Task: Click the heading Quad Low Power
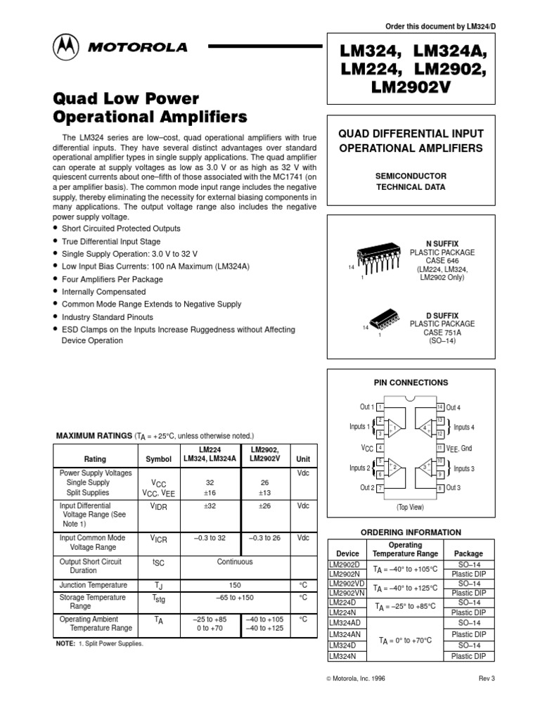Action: (127, 98)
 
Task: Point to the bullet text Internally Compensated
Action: (103, 292)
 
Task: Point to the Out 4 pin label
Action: (453, 407)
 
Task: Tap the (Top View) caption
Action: (411, 506)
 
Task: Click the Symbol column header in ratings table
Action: (157, 459)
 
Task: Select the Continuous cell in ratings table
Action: (234, 562)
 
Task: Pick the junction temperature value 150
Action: (234, 585)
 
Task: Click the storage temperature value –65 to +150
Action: (234, 598)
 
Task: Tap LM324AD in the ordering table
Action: (344, 624)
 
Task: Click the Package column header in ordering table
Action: (468, 553)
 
